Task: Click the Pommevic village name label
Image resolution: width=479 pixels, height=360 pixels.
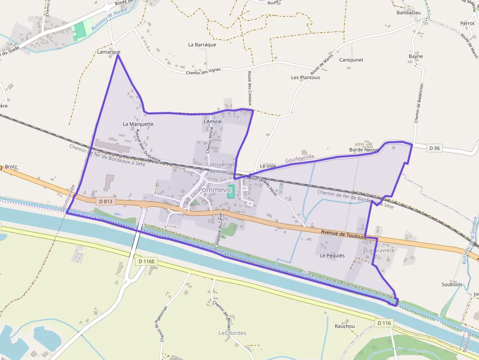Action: (215, 190)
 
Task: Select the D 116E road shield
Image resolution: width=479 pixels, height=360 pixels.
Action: (146, 261)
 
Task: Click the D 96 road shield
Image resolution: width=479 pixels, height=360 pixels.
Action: (435, 148)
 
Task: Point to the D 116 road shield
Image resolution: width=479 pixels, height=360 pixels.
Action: (385, 323)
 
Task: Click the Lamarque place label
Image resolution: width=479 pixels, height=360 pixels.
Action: (109, 51)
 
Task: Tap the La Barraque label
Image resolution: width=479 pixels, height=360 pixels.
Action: (202, 44)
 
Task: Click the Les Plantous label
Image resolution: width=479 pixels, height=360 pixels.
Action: (305, 77)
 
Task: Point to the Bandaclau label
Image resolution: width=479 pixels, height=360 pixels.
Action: (409, 13)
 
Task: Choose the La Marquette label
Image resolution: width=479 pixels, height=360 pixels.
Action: (138, 124)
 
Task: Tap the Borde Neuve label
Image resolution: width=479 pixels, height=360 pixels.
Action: (364, 149)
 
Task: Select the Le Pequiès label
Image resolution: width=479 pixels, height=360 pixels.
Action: (332, 255)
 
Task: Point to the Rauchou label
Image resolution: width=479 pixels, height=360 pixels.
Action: (345, 326)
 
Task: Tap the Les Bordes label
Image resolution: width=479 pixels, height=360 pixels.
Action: (233, 333)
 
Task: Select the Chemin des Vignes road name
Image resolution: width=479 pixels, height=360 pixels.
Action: (203, 71)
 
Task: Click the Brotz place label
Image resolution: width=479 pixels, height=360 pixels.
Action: (11, 167)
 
